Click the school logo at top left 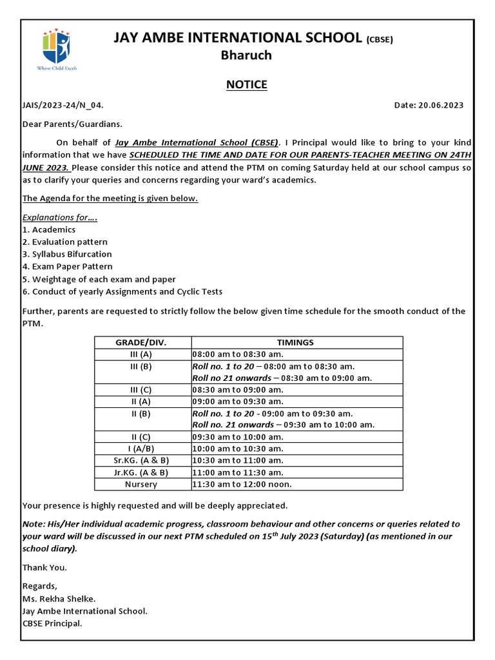point(56,48)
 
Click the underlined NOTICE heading point(247,85)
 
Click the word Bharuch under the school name point(246,55)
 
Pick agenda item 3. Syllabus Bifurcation point(67,254)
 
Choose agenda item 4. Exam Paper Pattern point(67,266)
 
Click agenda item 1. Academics point(49,229)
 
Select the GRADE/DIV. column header point(142,342)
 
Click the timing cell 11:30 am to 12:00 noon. point(242,484)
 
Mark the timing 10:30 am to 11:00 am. point(238,460)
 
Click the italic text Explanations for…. point(59,217)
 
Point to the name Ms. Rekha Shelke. point(59,598)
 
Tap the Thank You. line point(44,567)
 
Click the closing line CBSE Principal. point(52,623)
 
